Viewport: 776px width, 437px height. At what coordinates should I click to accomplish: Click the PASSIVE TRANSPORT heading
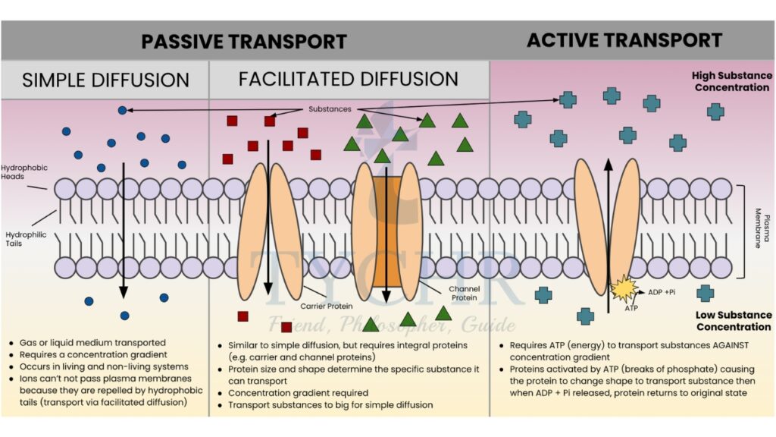pos(244,41)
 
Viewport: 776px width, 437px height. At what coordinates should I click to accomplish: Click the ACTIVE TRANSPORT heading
pos(624,40)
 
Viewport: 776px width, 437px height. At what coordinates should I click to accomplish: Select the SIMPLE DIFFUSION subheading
pos(105,80)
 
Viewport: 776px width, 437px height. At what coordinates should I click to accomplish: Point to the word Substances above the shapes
pos(330,109)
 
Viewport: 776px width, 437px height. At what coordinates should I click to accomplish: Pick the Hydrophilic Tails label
pos(26,240)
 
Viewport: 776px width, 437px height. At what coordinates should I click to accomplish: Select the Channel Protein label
pos(464,294)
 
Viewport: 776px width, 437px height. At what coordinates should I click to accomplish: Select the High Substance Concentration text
pos(731,82)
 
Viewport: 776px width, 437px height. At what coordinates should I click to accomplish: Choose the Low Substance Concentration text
pos(733,321)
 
